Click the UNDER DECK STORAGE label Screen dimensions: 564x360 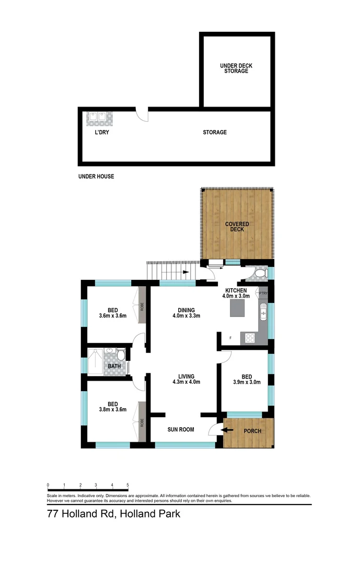234,68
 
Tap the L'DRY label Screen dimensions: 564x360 101,133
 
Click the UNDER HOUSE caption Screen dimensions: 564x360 96,177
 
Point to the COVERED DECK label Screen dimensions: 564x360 237,227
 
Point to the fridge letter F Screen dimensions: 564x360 230,337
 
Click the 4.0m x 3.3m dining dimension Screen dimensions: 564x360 186,316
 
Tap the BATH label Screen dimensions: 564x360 114,366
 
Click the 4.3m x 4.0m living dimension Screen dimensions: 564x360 186,382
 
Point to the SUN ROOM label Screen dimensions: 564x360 181,430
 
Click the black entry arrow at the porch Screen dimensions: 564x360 227,430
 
